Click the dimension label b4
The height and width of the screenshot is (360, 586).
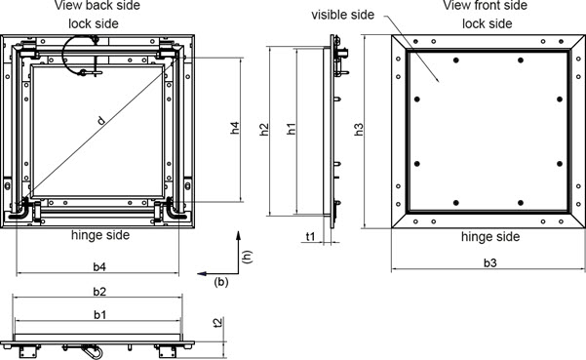coord(99,267)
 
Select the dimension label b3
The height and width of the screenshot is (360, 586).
coord(489,263)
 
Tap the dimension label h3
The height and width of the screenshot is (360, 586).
coord(359,130)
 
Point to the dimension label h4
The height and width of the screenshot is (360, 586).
coord(235,128)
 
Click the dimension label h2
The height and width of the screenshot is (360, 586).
coord(264,130)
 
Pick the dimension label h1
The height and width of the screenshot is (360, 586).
coord(292,129)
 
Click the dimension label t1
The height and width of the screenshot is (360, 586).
coord(311,237)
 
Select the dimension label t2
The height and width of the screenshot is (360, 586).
coord(217,322)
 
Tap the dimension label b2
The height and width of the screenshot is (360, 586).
coord(99,292)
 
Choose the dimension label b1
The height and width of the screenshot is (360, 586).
coord(99,315)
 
